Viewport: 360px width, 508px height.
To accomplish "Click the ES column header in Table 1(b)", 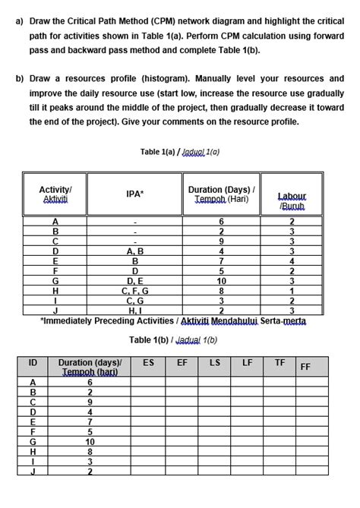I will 149,364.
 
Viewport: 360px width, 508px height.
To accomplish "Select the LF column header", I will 247,364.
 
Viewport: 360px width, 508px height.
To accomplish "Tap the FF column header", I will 305,367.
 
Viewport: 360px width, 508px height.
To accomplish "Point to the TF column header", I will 279,364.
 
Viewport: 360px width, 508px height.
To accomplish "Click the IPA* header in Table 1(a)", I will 134,194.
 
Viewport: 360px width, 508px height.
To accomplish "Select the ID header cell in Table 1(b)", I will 33,364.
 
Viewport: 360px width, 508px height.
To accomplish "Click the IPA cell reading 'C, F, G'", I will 134,289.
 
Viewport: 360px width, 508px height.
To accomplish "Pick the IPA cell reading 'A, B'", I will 134,251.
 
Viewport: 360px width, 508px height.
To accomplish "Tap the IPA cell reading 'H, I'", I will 134,309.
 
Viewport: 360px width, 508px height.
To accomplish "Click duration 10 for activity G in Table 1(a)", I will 221,279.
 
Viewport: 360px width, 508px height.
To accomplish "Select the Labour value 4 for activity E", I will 292,260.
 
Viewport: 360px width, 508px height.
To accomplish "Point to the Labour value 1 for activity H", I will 292,289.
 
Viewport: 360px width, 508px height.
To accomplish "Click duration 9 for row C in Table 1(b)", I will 90,402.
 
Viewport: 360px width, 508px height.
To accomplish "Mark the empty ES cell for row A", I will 149,382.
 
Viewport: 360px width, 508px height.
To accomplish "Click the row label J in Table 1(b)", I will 33,471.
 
